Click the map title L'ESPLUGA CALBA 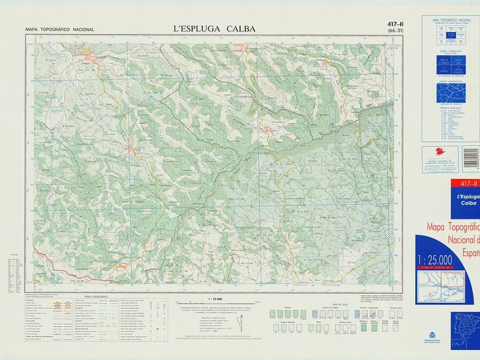pos(214,28)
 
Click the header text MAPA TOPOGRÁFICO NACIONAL pos(59,29)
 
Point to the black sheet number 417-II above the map pos(395,24)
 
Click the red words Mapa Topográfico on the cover pos(453,227)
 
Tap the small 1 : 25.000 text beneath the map pos(215,298)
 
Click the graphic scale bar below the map pos(215,303)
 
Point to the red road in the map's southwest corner pos(48,253)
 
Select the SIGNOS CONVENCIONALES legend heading pos(96,296)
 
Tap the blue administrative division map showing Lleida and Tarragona pos(451,93)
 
